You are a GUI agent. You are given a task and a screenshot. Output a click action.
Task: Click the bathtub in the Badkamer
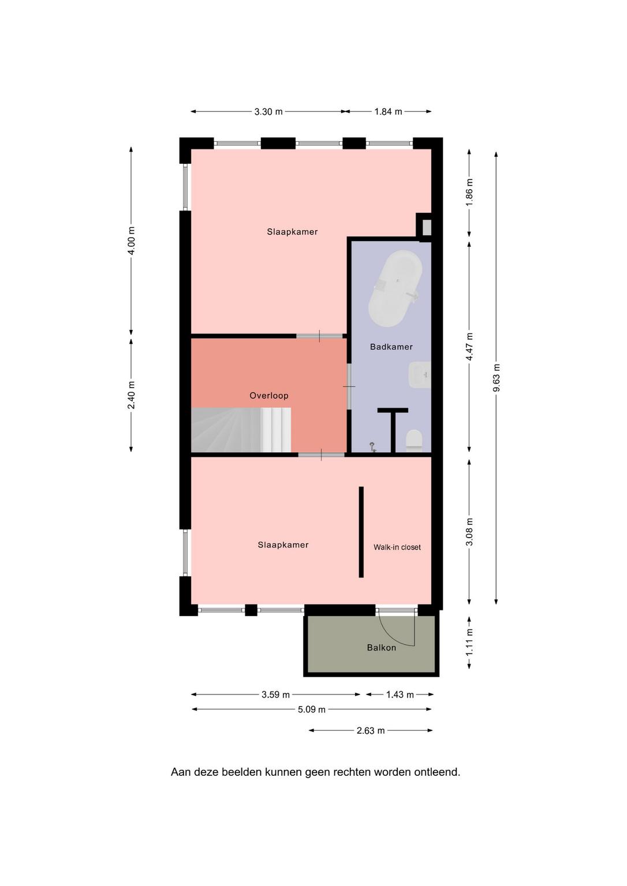(x=395, y=288)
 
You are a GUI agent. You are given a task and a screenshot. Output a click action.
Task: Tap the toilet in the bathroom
(x=414, y=440)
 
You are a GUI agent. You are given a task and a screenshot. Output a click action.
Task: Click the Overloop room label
(x=269, y=396)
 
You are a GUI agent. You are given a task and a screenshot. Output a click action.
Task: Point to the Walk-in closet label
(x=397, y=547)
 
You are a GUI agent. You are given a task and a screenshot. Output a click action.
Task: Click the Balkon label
(x=381, y=648)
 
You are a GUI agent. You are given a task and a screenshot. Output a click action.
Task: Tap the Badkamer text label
(x=391, y=347)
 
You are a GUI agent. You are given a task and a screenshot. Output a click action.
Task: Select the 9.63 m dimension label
(x=497, y=378)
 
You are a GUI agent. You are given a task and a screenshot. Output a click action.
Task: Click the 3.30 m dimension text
(x=268, y=111)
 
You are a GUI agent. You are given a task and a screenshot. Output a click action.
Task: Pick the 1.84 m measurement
(x=389, y=111)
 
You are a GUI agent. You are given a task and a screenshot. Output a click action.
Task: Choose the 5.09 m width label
(x=312, y=709)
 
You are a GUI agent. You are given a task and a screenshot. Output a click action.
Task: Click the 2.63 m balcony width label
(x=371, y=731)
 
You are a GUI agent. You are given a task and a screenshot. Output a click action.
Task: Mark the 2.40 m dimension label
(x=132, y=395)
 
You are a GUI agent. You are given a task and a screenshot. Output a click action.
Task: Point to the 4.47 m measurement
(x=469, y=347)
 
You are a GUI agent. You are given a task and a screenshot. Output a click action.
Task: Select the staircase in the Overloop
(x=241, y=430)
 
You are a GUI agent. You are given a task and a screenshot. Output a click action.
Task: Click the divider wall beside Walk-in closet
(x=361, y=532)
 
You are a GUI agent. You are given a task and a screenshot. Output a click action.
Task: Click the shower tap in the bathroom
(x=372, y=447)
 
